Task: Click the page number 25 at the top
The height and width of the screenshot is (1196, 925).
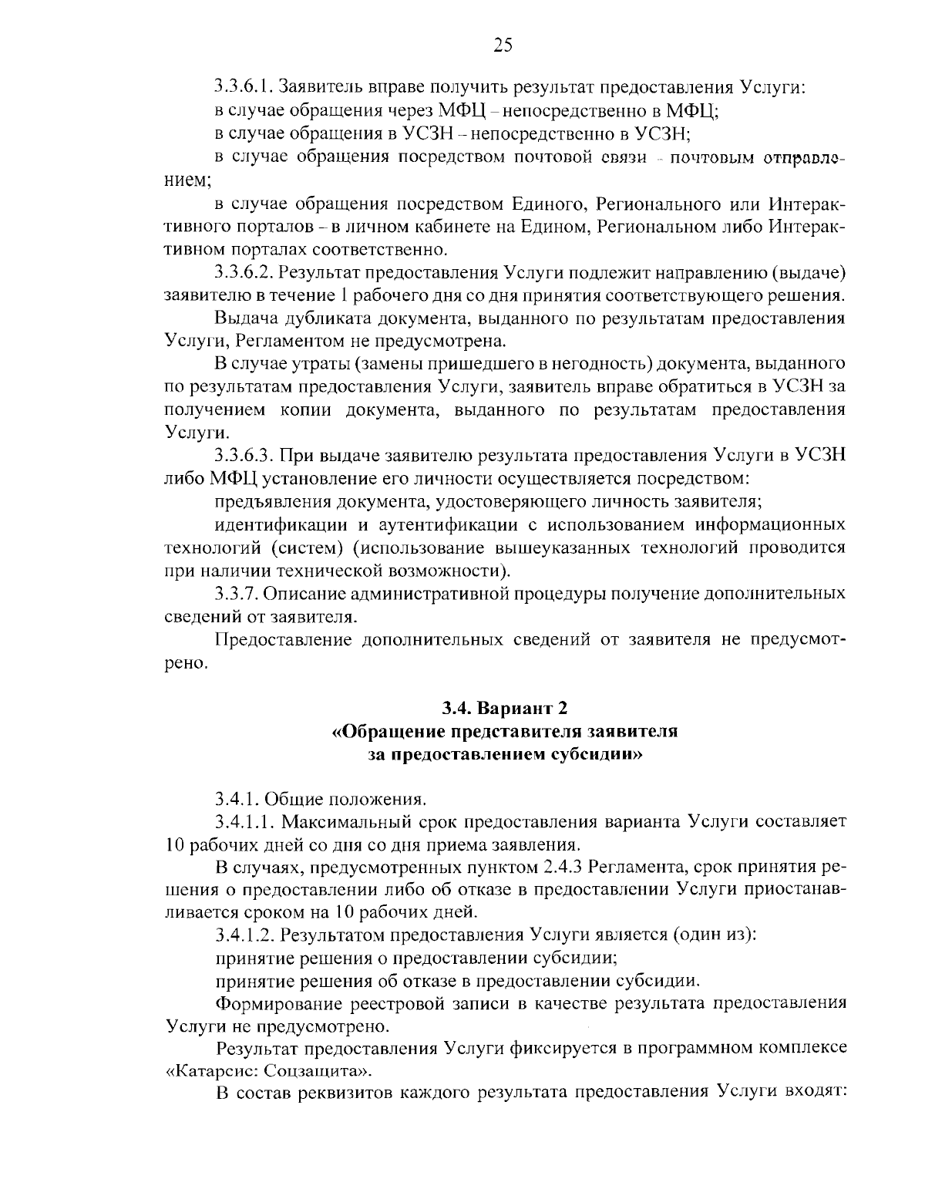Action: tap(502, 45)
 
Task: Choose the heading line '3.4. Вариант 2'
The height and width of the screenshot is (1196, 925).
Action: tap(504, 707)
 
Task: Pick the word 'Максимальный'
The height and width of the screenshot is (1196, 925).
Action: tap(341, 821)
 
